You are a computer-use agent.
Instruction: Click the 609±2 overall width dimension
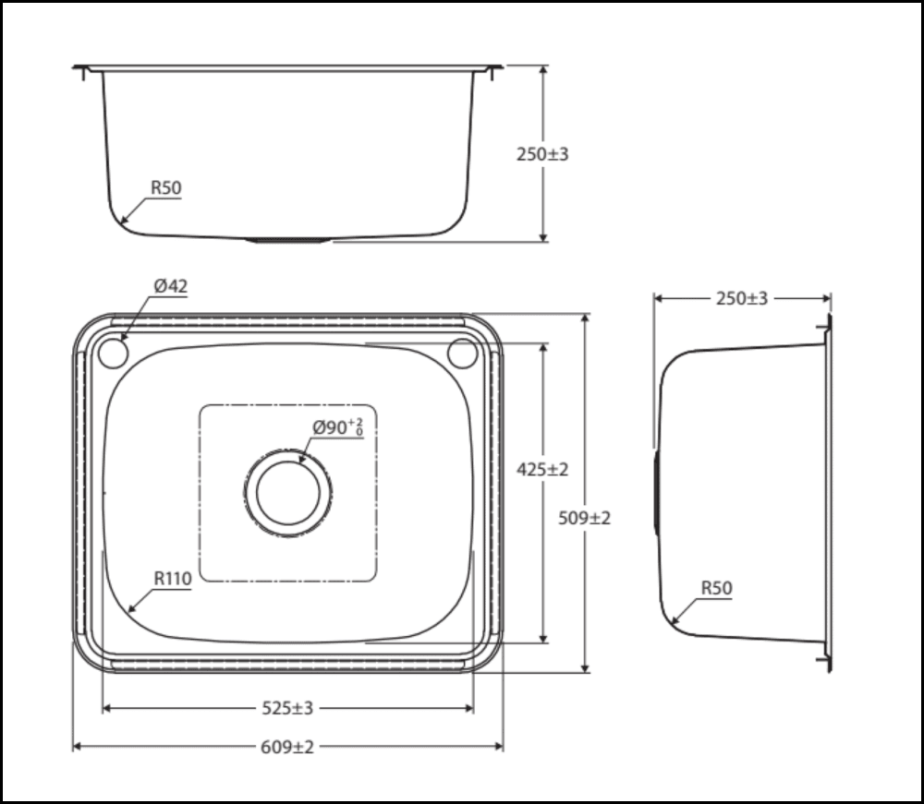(287, 747)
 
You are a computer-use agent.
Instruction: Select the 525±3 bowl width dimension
(287, 708)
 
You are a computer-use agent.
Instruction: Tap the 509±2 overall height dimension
(584, 518)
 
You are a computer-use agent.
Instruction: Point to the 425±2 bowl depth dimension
(542, 470)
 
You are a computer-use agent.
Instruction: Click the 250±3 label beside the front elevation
(542, 154)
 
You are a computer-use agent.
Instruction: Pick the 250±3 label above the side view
(742, 298)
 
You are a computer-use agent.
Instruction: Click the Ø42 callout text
(171, 286)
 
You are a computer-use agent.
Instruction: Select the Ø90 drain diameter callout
(337, 427)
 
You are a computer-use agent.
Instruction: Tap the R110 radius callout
(173, 579)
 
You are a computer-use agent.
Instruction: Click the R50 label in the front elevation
(166, 187)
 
